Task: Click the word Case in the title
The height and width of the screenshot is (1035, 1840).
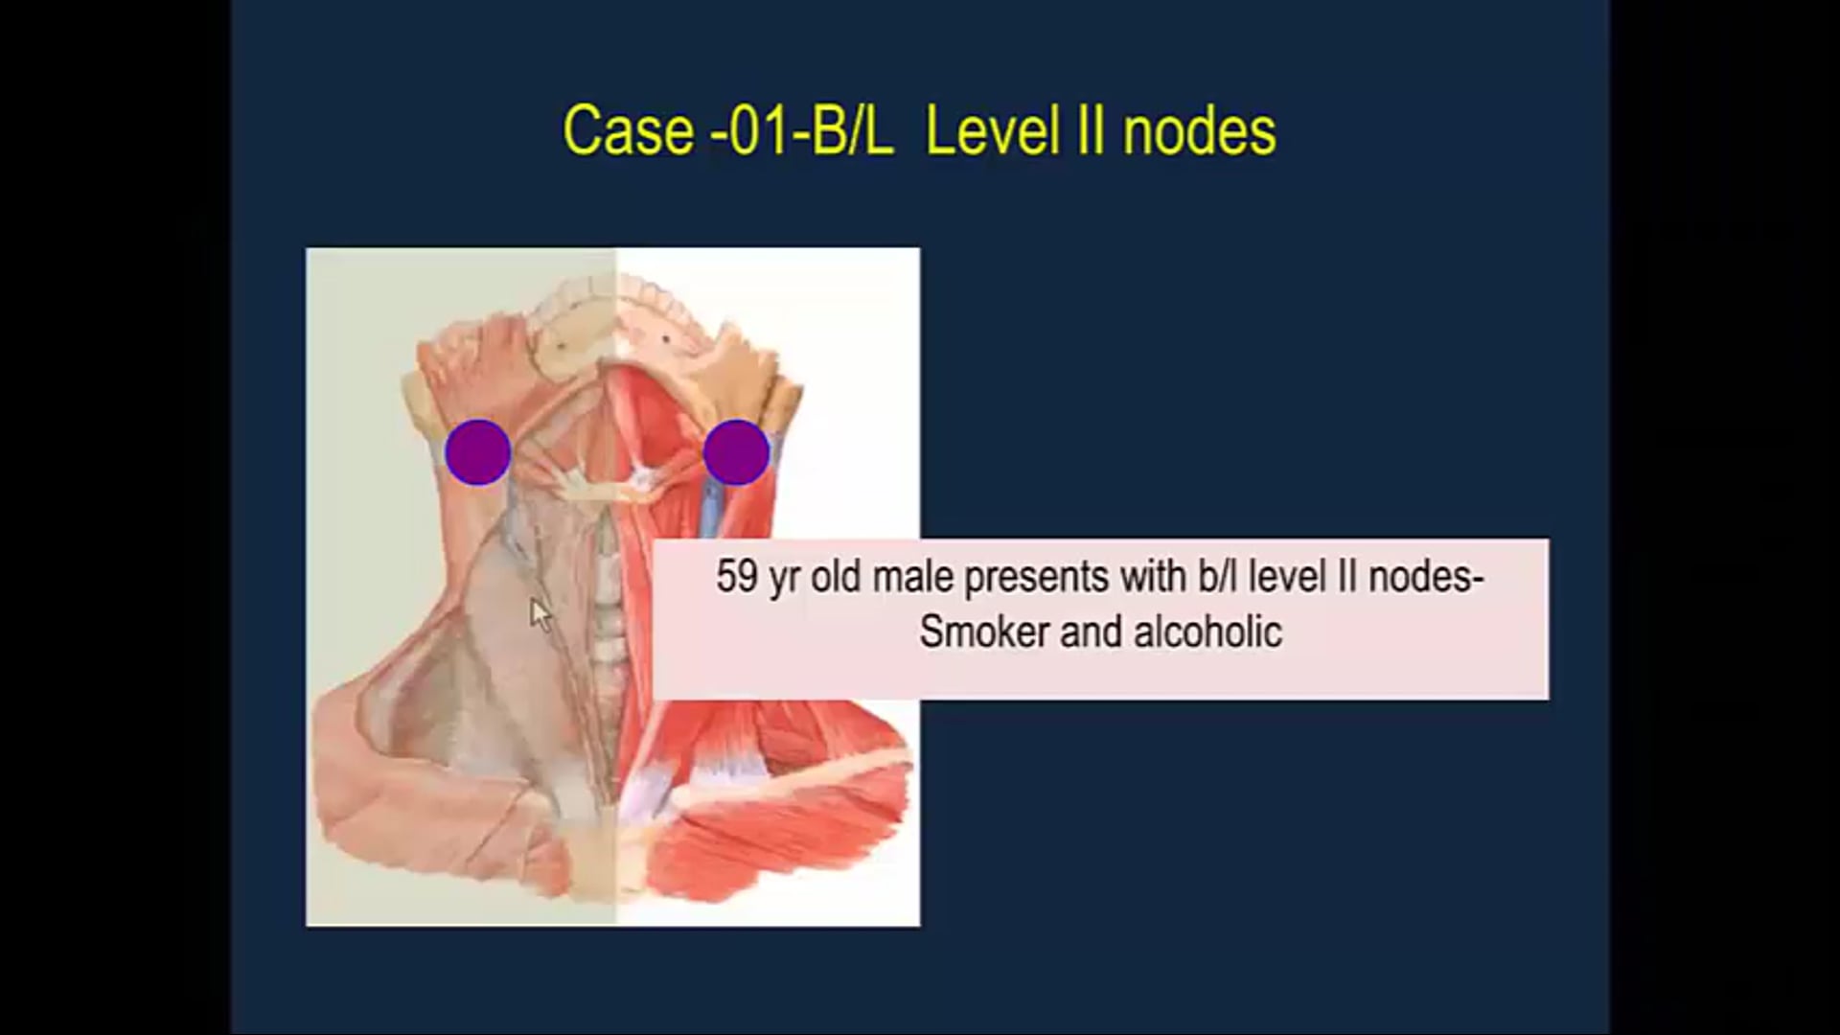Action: coord(628,131)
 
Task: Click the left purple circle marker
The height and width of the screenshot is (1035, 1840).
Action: coord(477,451)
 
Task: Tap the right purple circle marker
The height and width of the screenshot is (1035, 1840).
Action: coord(736,451)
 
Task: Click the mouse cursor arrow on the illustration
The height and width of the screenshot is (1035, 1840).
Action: coord(540,614)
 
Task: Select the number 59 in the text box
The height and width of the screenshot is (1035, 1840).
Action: coord(736,577)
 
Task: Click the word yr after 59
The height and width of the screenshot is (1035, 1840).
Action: coord(784,579)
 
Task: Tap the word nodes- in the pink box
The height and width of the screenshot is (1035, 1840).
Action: coord(1427,577)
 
